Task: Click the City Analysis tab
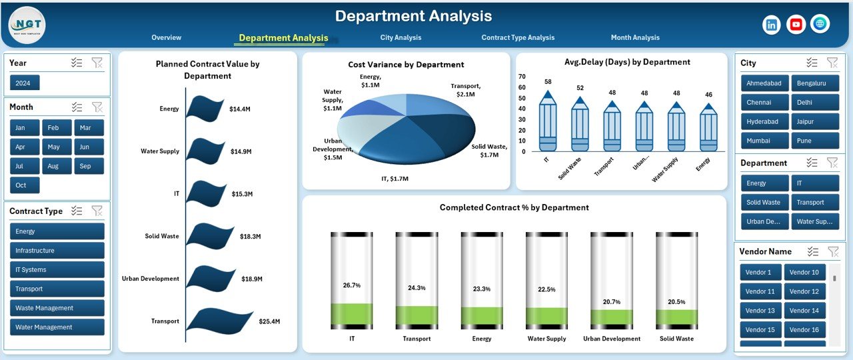pos(401,38)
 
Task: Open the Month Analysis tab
pos(634,38)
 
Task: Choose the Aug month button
pos(53,166)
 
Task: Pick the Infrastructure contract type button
pos(57,251)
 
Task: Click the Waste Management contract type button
pos(57,308)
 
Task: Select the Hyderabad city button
pos(764,122)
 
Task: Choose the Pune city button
pos(814,141)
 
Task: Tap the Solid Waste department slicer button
pos(764,203)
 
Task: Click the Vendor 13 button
pos(760,311)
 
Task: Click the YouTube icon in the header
pos(796,25)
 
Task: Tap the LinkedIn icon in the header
pos(772,25)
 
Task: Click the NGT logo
pos(27,25)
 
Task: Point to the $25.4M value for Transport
pos(270,321)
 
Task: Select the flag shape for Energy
pos(205,108)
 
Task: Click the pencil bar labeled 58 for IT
pos(548,123)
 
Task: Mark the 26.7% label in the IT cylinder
pos(351,285)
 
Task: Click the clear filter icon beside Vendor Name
pos(832,251)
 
